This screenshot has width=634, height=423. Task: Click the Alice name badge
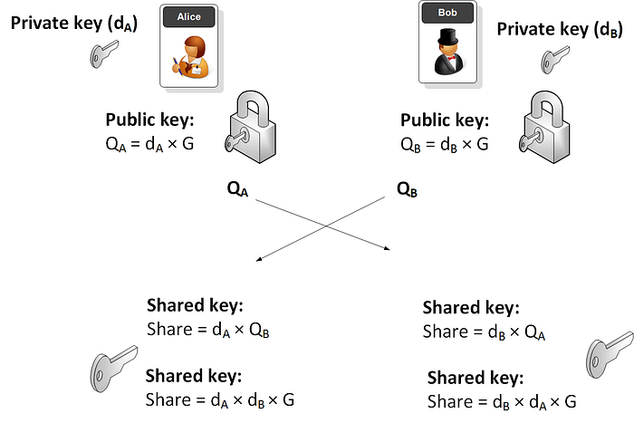pyautogui.click(x=188, y=17)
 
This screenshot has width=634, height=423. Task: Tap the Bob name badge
pyautogui.click(x=447, y=13)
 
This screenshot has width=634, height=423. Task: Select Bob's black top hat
pyautogui.click(x=447, y=37)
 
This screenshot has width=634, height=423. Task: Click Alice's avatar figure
pyautogui.click(x=190, y=57)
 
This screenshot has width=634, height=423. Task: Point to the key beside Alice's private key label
pyautogui.click(x=103, y=53)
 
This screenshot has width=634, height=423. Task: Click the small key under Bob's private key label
pyautogui.click(x=554, y=60)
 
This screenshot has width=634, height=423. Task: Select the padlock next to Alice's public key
pyautogui.click(x=251, y=127)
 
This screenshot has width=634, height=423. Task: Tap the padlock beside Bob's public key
pyautogui.click(x=544, y=127)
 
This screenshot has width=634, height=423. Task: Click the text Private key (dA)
pyautogui.click(x=74, y=24)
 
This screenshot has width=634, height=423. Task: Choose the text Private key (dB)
pyautogui.click(x=560, y=30)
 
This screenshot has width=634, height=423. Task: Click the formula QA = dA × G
pyautogui.click(x=149, y=144)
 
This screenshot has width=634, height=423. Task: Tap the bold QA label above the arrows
pyautogui.click(x=237, y=188)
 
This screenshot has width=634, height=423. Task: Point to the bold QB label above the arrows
pyautogui.click(x=407, y=189)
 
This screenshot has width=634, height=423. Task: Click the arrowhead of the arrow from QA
pyautogui.click(x=388, y=249)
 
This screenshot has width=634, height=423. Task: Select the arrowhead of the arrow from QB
pyautogui.click(x=258, y=260)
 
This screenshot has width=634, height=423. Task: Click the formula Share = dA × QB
pyautogui.click(x=207, y=330)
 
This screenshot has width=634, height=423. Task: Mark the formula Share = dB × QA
pyautogui.click(x=484, y=332)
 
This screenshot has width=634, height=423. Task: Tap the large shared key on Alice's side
pyautogui.click(x=113, y=369)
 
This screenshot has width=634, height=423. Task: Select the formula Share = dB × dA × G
pyautogui.click(x=502, y=402)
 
